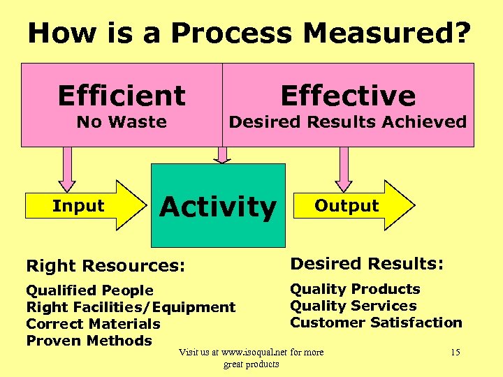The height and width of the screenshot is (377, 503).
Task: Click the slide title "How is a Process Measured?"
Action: [x=250, y=34]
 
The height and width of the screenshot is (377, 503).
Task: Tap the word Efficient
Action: [x=122, y=96]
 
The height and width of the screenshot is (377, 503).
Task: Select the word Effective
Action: [x=347, y=96]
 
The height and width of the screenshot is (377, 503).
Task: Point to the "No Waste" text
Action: [x=122, y=122]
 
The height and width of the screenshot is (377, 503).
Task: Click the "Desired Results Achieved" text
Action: [x=347, y=122]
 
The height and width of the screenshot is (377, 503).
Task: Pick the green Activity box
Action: [x=219, y=206]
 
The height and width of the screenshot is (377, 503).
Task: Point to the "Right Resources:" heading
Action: [x=105, y=266]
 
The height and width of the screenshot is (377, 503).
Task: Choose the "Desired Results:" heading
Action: [x=367, y=264]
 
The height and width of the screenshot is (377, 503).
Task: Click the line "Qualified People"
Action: [x=89, y=290]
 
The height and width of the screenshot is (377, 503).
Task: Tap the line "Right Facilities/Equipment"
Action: [x=131, y=307]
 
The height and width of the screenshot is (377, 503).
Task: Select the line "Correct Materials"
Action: [x=93, y=324]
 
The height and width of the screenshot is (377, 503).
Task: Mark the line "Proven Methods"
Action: [x=89, y=341]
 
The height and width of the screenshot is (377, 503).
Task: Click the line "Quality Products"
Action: [x=355, y=289]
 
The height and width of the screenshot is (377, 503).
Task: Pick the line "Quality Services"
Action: [x=353, y=306]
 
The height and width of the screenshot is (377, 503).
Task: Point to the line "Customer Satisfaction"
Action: [x=376, y=323]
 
